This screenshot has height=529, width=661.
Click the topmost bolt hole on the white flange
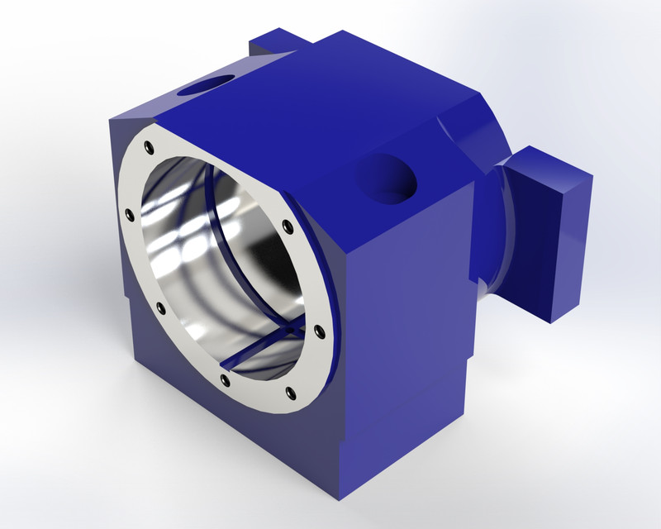click(x=149, y=147)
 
